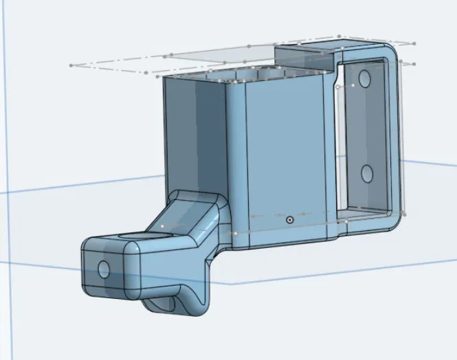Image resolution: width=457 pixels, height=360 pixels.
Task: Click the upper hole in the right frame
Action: click(364, 80)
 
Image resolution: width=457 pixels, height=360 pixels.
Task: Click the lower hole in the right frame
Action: click(366, 172)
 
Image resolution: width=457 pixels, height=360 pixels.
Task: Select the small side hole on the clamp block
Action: click(104, 269)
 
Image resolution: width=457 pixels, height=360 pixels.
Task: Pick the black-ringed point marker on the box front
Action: click(289, 220)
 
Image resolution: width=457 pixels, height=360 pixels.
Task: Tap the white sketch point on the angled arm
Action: click(162, 225)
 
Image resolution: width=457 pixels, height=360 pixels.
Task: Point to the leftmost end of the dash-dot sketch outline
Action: click(71, 65)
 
